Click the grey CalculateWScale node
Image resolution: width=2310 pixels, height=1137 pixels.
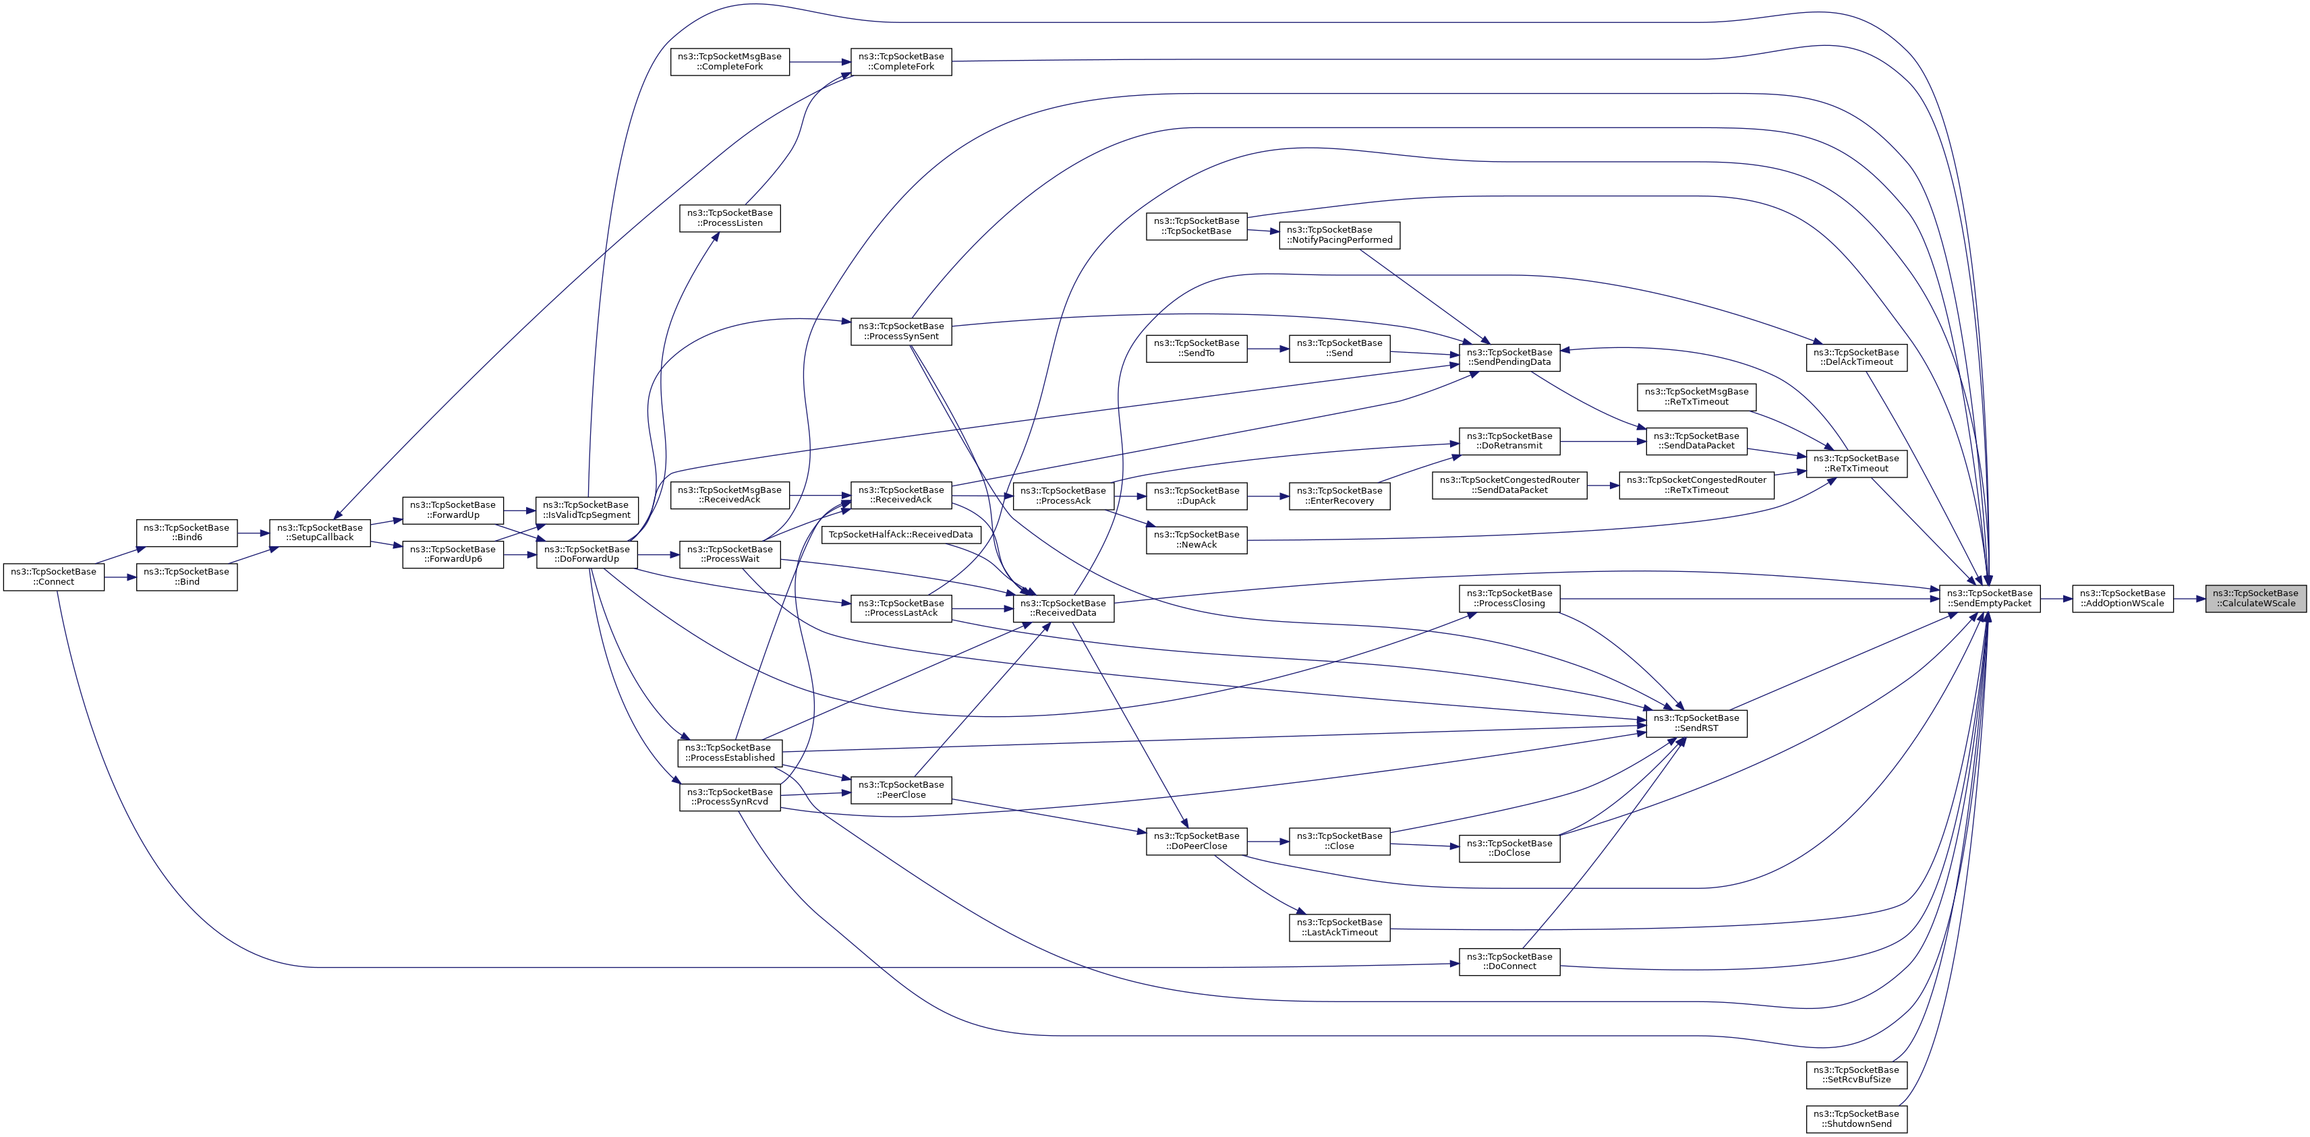pyautogui.click(x=2255, y=598)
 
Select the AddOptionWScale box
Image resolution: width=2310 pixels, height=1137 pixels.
pyautogui.click(x=2123, y=598)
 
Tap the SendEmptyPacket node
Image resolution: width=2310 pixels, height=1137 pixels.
pyautogui.click(x=1990, y=598)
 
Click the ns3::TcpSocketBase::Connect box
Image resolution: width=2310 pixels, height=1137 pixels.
pyautogui.click(x=54, y=577)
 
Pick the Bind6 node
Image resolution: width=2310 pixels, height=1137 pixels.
pyautogui.click(x=187, y=533)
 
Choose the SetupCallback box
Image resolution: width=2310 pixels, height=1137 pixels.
pyautogui.click(x=320, y=533)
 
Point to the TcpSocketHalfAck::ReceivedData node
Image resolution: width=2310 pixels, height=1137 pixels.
pyautogui.click(x=900, y=534)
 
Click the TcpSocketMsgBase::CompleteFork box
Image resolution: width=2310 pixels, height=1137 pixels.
pyautogui.click(x=730, y=62)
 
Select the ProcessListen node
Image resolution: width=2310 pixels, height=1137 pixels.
pyautogui.click(x=730, y=218)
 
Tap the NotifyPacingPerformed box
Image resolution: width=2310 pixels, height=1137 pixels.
pyautogui.click(x=1339, y=235)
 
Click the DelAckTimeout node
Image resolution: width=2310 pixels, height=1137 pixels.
pyautogui.click(x=1856, y=357)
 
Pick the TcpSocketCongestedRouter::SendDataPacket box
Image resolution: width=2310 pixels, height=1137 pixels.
pyautogui.click(x=1509, y=485)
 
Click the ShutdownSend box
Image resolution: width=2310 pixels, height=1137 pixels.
pyautogui.click(x=1856, y=1119)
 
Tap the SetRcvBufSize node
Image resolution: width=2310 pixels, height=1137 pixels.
pyautogui.click(x=1856, y=1074)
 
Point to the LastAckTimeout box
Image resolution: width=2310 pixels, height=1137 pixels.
pyautogui.click(x=1339, y=927)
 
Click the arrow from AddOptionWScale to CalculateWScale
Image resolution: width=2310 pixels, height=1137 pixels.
pyautogui.click(x=2189, y=598)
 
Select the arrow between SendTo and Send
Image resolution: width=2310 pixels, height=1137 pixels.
pyautogui.click(x=1268, y=349)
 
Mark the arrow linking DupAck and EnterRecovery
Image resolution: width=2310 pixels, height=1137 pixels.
pyautogui.click(x=1268, y=496)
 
